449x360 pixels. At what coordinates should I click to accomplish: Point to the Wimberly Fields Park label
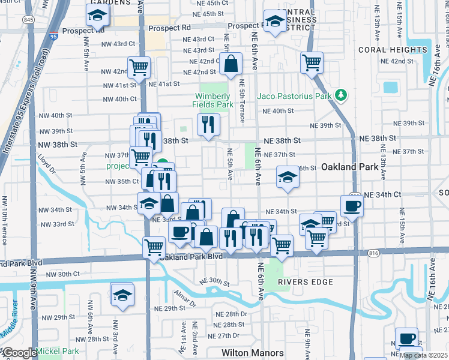point(212,100)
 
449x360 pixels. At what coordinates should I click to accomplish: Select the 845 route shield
point(29,20)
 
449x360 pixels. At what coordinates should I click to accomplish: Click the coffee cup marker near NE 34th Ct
point(352,205)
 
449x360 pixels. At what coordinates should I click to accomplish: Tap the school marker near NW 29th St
point(122,294)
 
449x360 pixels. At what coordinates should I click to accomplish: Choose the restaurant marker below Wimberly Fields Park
point(208,124)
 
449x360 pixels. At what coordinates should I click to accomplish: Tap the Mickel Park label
point(58,351)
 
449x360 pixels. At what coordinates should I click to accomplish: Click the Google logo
point(19,353)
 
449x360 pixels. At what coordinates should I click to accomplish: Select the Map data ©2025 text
point(424,355)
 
